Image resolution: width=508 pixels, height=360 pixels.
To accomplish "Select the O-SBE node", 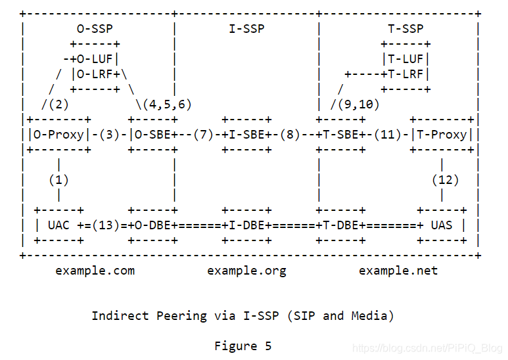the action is click(x=152, y=135).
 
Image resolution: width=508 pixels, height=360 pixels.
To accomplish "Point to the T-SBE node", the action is click(x=341, y=135).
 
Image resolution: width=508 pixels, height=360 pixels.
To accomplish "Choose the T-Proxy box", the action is click(x=442, y=135).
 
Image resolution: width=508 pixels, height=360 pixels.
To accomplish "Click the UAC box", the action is click(x=59, y=225).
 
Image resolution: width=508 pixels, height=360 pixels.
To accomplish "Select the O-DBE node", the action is click(x=152, y=225).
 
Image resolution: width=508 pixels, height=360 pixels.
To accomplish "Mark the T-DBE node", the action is click(x=341, y=225).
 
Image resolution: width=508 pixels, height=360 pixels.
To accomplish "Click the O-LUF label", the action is click(x=95, y=59).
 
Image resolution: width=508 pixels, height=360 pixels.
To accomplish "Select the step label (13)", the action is click(x=108, y=225).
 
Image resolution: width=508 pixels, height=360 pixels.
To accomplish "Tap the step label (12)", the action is click(x=445, y=179).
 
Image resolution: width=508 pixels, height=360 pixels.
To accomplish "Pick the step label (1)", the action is click(x=59, y=179).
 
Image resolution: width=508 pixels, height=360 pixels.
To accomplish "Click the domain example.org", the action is click(x=246, y=270).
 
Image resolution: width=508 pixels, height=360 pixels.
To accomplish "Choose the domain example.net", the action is click(x=398, y=270).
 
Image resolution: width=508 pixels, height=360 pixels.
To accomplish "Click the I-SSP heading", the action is click(x=246, y=29).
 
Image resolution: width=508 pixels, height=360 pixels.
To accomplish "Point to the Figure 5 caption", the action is click(x=242, y=346).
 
